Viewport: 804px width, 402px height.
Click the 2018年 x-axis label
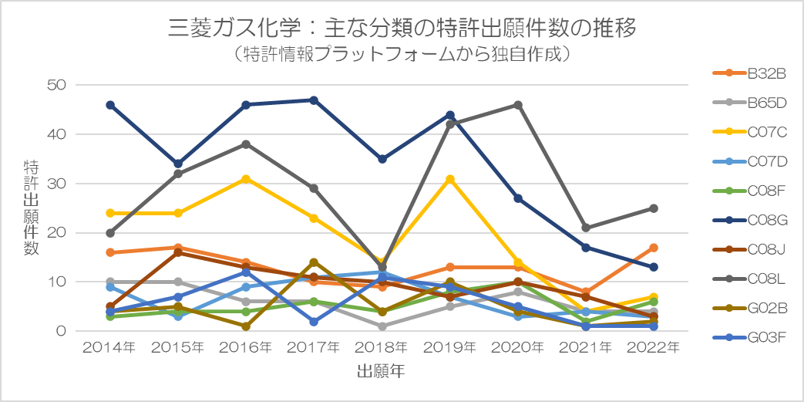click(x=382, y=348)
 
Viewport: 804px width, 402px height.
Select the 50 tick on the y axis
click(x=59, y=85)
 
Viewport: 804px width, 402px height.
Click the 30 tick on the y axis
click(x=59, y=184)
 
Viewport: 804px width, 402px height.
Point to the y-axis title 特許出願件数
click(x=32, y=208)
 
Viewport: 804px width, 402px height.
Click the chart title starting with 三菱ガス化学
click(x=402, y=29)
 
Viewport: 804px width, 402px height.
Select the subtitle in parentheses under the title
click(x=402, y=55)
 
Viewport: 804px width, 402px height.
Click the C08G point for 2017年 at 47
click(x=314, y=100)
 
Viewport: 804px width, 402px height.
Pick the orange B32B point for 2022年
click(x=653, y=248)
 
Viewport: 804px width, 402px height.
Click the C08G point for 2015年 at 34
click(x=178, y=164)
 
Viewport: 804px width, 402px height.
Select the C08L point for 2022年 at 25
click(x=653, y=208)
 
